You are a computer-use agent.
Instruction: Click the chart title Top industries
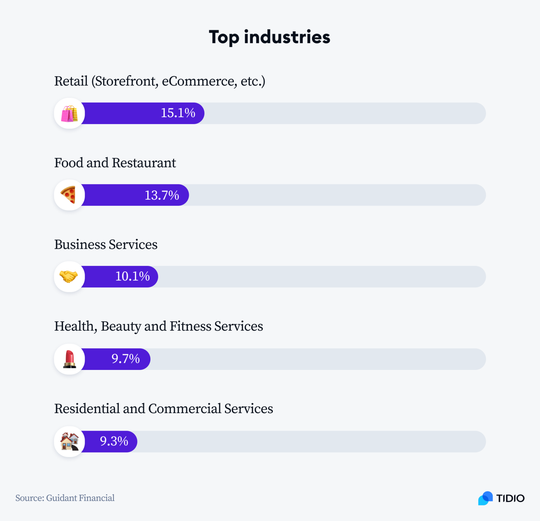pos(269,37)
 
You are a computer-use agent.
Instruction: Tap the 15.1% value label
pos(178,113)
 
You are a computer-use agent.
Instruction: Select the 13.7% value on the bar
pos(162,195)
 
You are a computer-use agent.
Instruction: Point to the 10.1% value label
pos(133,276)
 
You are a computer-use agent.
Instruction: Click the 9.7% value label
pos(126,359)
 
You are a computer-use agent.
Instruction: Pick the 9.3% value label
pos(114,441)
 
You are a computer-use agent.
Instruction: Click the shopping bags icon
pos(70,113)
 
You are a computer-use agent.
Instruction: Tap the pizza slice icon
pos(69,195)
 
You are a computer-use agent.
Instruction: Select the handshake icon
pos(69,276)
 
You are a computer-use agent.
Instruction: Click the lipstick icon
pos(70,359)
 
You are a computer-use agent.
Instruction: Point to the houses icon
pos(70,442)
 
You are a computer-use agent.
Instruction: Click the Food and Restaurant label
pos(115,163)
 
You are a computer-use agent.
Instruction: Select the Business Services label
pos(106,245)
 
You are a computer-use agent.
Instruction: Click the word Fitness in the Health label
pos(191,326)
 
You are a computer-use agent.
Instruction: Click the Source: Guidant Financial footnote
pos(65,498)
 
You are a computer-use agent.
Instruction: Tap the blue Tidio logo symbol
pos(486,498)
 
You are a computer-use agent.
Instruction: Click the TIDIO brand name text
pos(510,499)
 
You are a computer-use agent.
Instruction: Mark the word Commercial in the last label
pos(185,409)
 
